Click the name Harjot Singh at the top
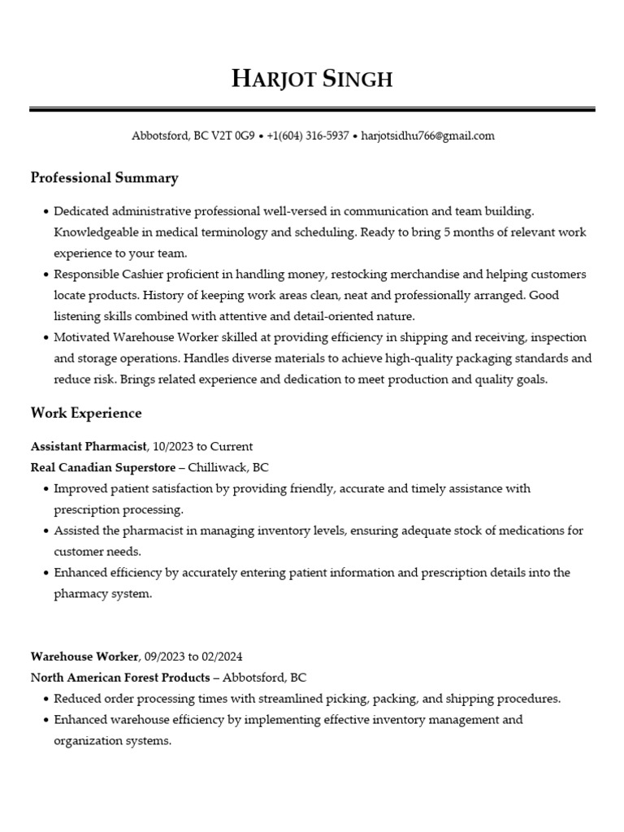312,78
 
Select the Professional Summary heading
104,178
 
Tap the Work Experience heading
86,414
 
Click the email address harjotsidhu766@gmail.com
427,136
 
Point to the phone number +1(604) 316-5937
308,136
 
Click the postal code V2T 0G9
233,136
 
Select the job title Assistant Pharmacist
89,446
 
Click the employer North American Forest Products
121,677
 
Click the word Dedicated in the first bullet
81,211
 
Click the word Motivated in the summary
82,337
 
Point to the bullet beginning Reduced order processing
307,698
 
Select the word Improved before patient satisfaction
80,488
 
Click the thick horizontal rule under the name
312,109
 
